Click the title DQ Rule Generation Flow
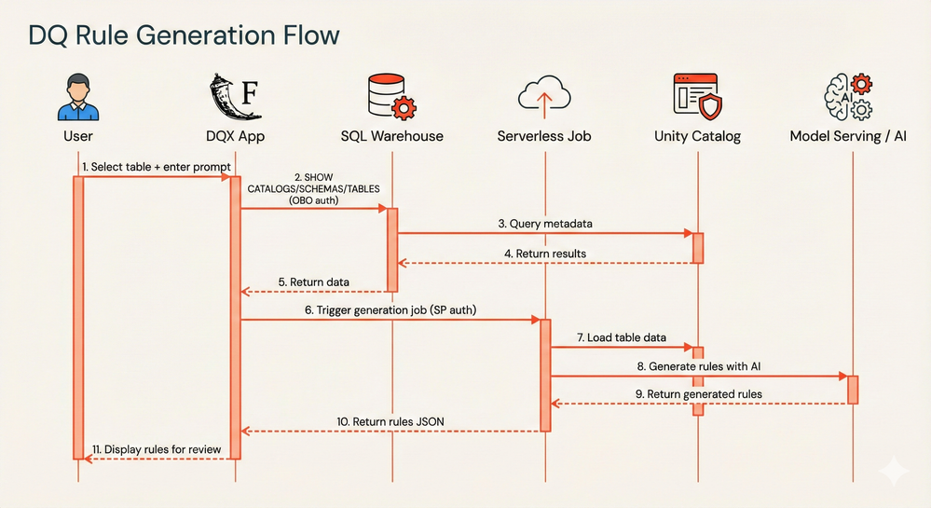click(x=184, y=35)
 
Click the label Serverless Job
click(x=544, y=136)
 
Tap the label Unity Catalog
click(x=697, y=136)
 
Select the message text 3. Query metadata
click(x=544, y=224)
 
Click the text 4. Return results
click(x=544, y=253)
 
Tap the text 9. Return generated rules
click(x=699, y=393)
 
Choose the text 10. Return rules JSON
click(x=390, y=421)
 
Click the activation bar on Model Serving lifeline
click(x=852, y=389)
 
